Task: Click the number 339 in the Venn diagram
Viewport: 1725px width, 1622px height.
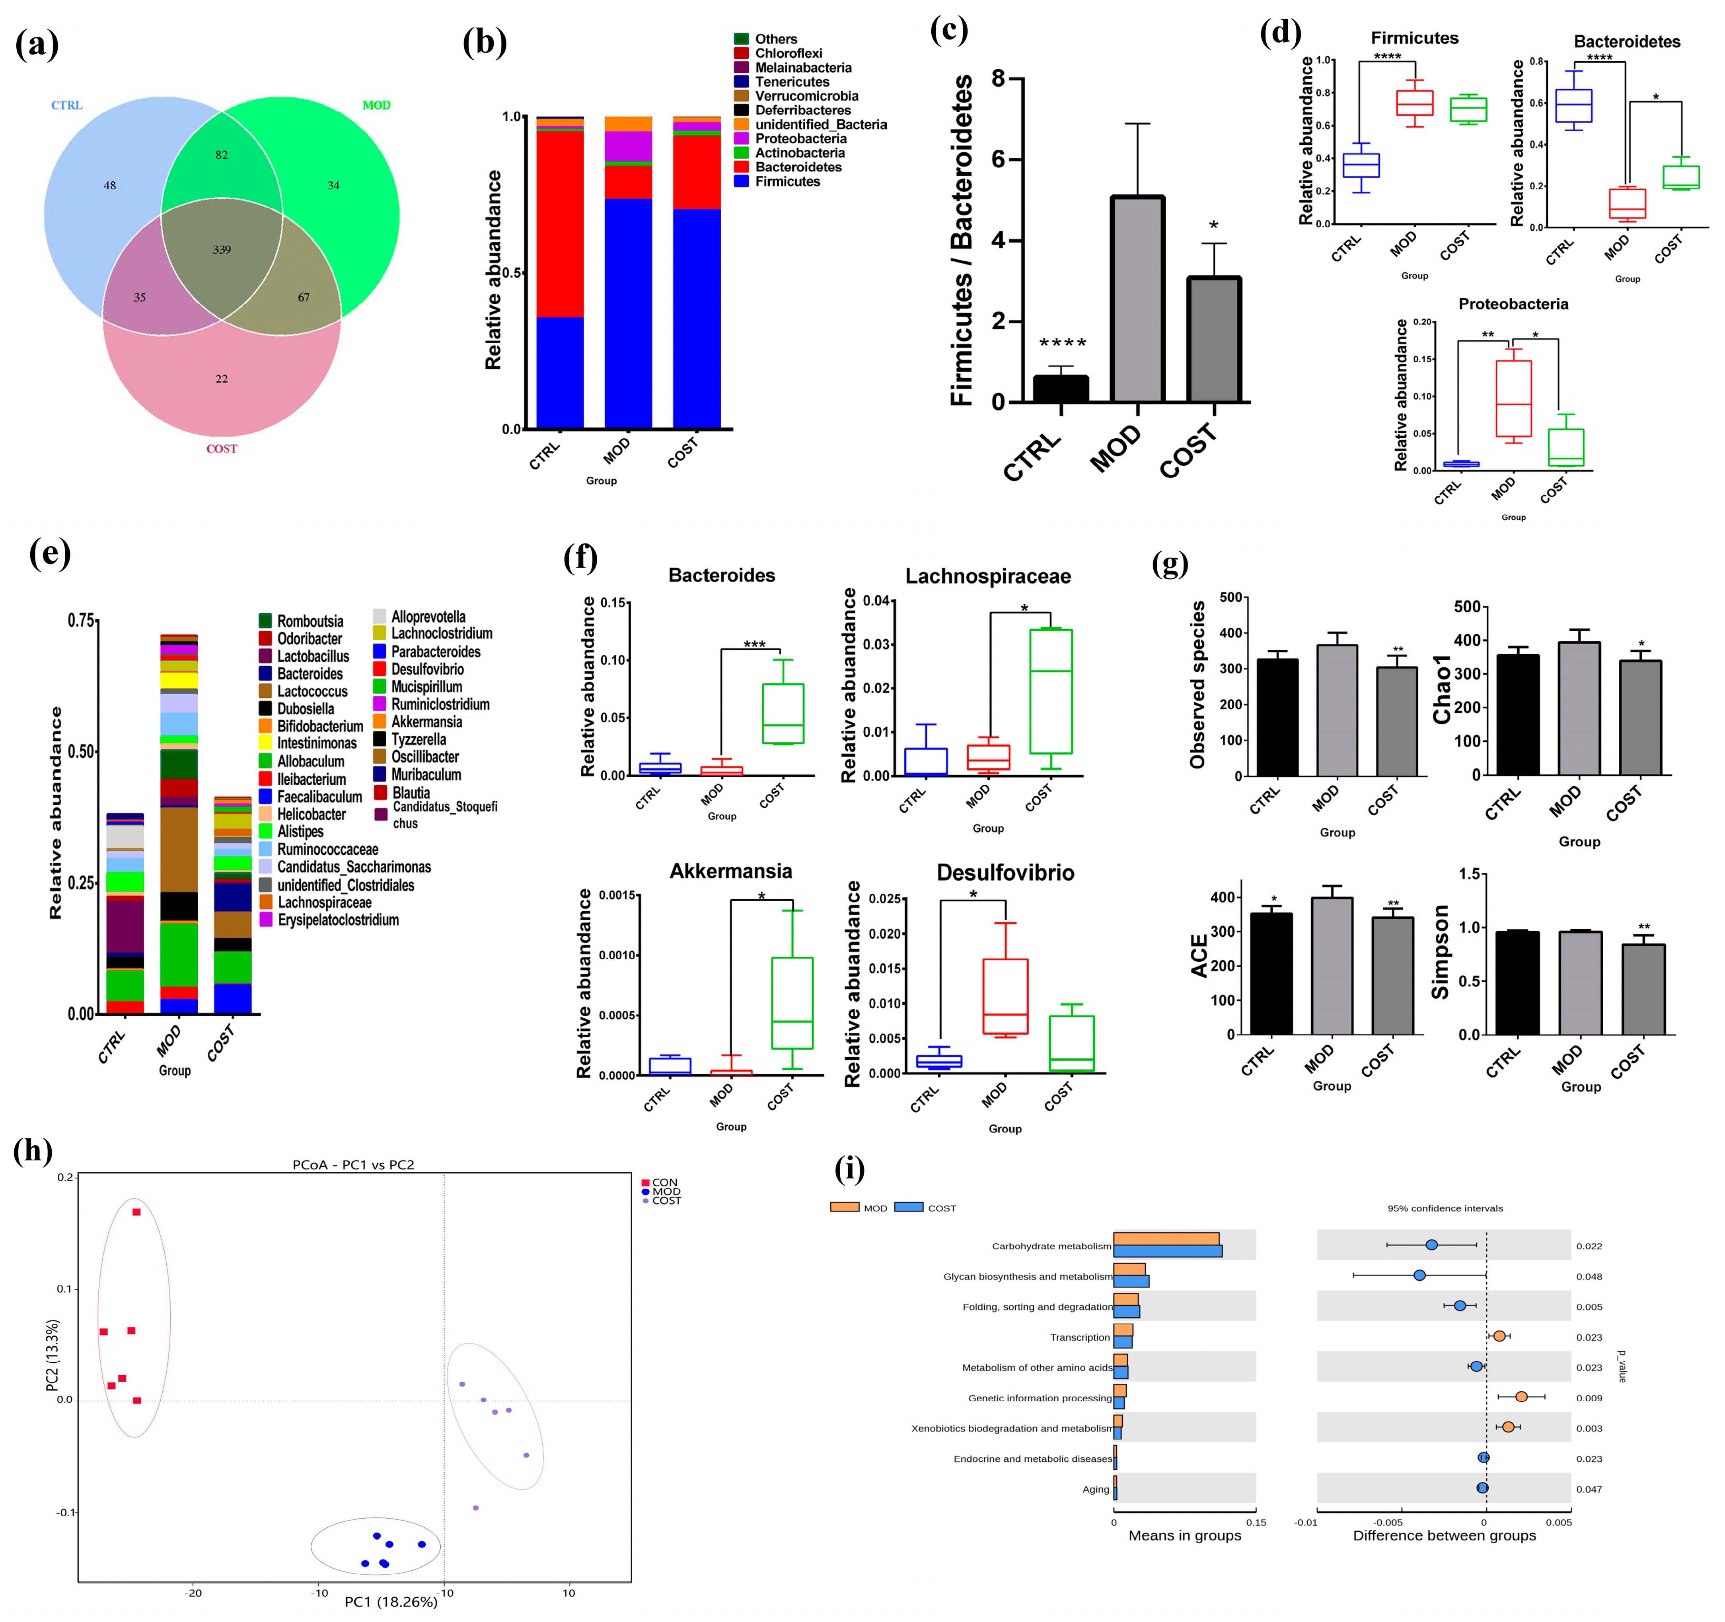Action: click(x=222, y=250)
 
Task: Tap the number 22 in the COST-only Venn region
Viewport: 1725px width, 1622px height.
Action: click(x=222, y=379)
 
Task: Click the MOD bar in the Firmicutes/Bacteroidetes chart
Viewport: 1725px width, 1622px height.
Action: click(x=1137, y=299)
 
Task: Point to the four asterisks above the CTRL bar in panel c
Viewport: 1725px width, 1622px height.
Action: click(x=1062, y=344)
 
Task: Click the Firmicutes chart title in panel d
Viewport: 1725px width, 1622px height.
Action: click(x=1414, y=38)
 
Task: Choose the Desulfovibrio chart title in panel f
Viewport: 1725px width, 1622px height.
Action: click(x=1005, y=873)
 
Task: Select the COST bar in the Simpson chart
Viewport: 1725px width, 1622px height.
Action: click(x=1643, y=989)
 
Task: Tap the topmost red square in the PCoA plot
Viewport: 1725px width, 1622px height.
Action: click(x=136, y=1212)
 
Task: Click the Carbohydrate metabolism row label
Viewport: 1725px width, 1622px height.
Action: click(x=1051, y=1247)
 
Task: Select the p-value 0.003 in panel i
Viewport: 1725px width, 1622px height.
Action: click(x=1589, y=1429)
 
